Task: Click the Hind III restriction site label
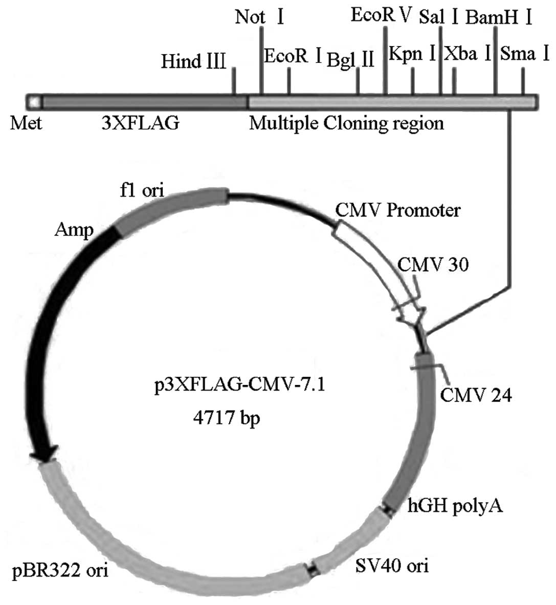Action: click(193, 62)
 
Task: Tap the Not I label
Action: click(259, 17)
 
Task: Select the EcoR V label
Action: click(381, 15)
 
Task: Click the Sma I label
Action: click(525, 53)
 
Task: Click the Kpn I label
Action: click(412, 53)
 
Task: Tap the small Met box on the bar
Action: click(34, 101)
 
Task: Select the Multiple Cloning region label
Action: click(346, 123)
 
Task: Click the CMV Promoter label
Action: click(398, 210)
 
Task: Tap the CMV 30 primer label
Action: click(433, 265)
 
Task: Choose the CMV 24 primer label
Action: click(476, 395)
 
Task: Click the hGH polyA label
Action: click(455, 506)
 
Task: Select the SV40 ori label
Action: click(391, 566)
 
